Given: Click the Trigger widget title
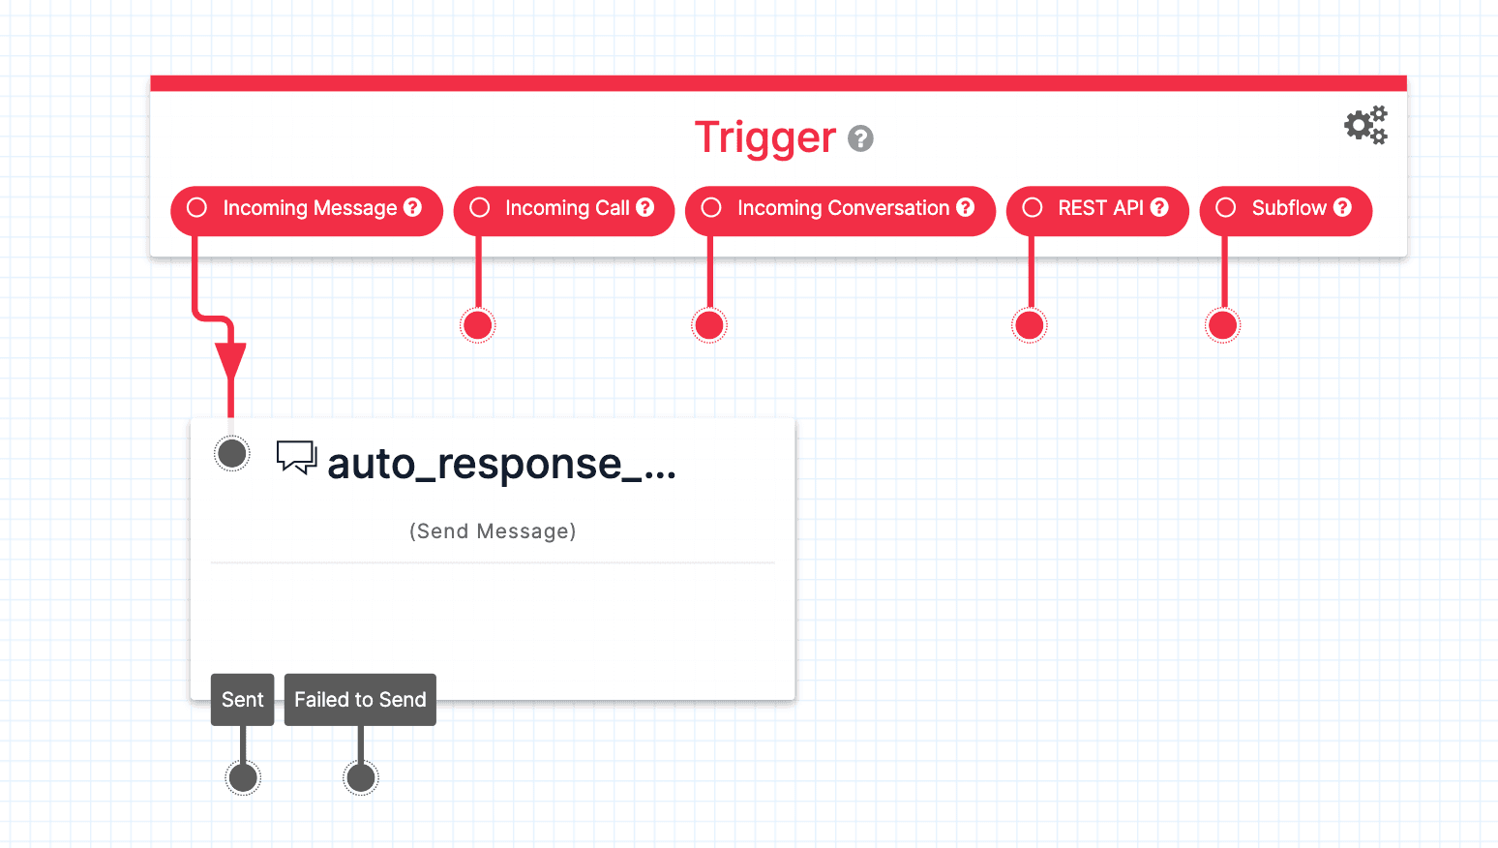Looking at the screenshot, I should coord(764,138).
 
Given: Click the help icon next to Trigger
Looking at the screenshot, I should coord(860,139).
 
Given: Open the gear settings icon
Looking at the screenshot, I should coord(1365,126).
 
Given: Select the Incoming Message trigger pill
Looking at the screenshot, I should coord(307,209).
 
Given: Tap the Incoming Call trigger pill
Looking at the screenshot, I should coord(564,209).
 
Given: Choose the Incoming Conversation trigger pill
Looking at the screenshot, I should coord(840,209).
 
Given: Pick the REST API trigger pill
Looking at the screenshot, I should coord(1097,209).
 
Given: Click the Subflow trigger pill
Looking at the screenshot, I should coord(1285,209).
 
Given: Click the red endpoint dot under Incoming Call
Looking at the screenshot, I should coord(477,325).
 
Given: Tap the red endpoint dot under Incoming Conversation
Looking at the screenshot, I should coord(709,325).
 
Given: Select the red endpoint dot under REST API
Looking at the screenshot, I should coord(1030,325).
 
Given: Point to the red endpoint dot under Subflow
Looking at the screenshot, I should coord(1223,325).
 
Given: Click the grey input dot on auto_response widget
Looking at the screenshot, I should coord(232,453).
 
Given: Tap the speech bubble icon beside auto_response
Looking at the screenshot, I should coord(296,457).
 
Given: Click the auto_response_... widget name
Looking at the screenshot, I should coord(501,465).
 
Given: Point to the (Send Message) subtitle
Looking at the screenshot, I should coord(493,531).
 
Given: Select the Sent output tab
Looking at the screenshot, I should coord(243,700).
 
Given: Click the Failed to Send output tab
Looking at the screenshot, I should coord(360,700).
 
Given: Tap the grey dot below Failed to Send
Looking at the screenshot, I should coord(361,777).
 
